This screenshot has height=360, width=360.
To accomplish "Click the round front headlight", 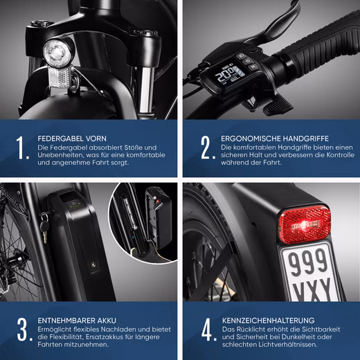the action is click(56, 52).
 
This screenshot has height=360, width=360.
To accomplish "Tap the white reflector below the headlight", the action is click(60, 77).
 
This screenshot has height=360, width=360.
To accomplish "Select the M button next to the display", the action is click(253, 67).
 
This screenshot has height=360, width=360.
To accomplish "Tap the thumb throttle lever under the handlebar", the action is click(278, 105).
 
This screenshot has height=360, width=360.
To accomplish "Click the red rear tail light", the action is click(305, 224).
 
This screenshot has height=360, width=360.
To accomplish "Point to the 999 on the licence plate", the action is click(308, 262).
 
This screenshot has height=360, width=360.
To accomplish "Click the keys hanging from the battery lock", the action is click(44, 226).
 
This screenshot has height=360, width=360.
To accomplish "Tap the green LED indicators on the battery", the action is click(75, 206).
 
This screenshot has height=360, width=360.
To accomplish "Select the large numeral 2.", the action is click(207, 147).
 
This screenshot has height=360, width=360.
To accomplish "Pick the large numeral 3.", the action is click(24, 330).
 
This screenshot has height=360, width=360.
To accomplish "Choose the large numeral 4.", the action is click(208, 330).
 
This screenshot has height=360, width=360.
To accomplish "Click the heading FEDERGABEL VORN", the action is click(72, 138).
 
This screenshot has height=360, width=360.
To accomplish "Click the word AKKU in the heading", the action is click(107, 321).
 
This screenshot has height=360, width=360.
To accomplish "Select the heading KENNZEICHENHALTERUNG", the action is click(269, 321).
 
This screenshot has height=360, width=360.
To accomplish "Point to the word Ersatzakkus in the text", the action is click(105, 337).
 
